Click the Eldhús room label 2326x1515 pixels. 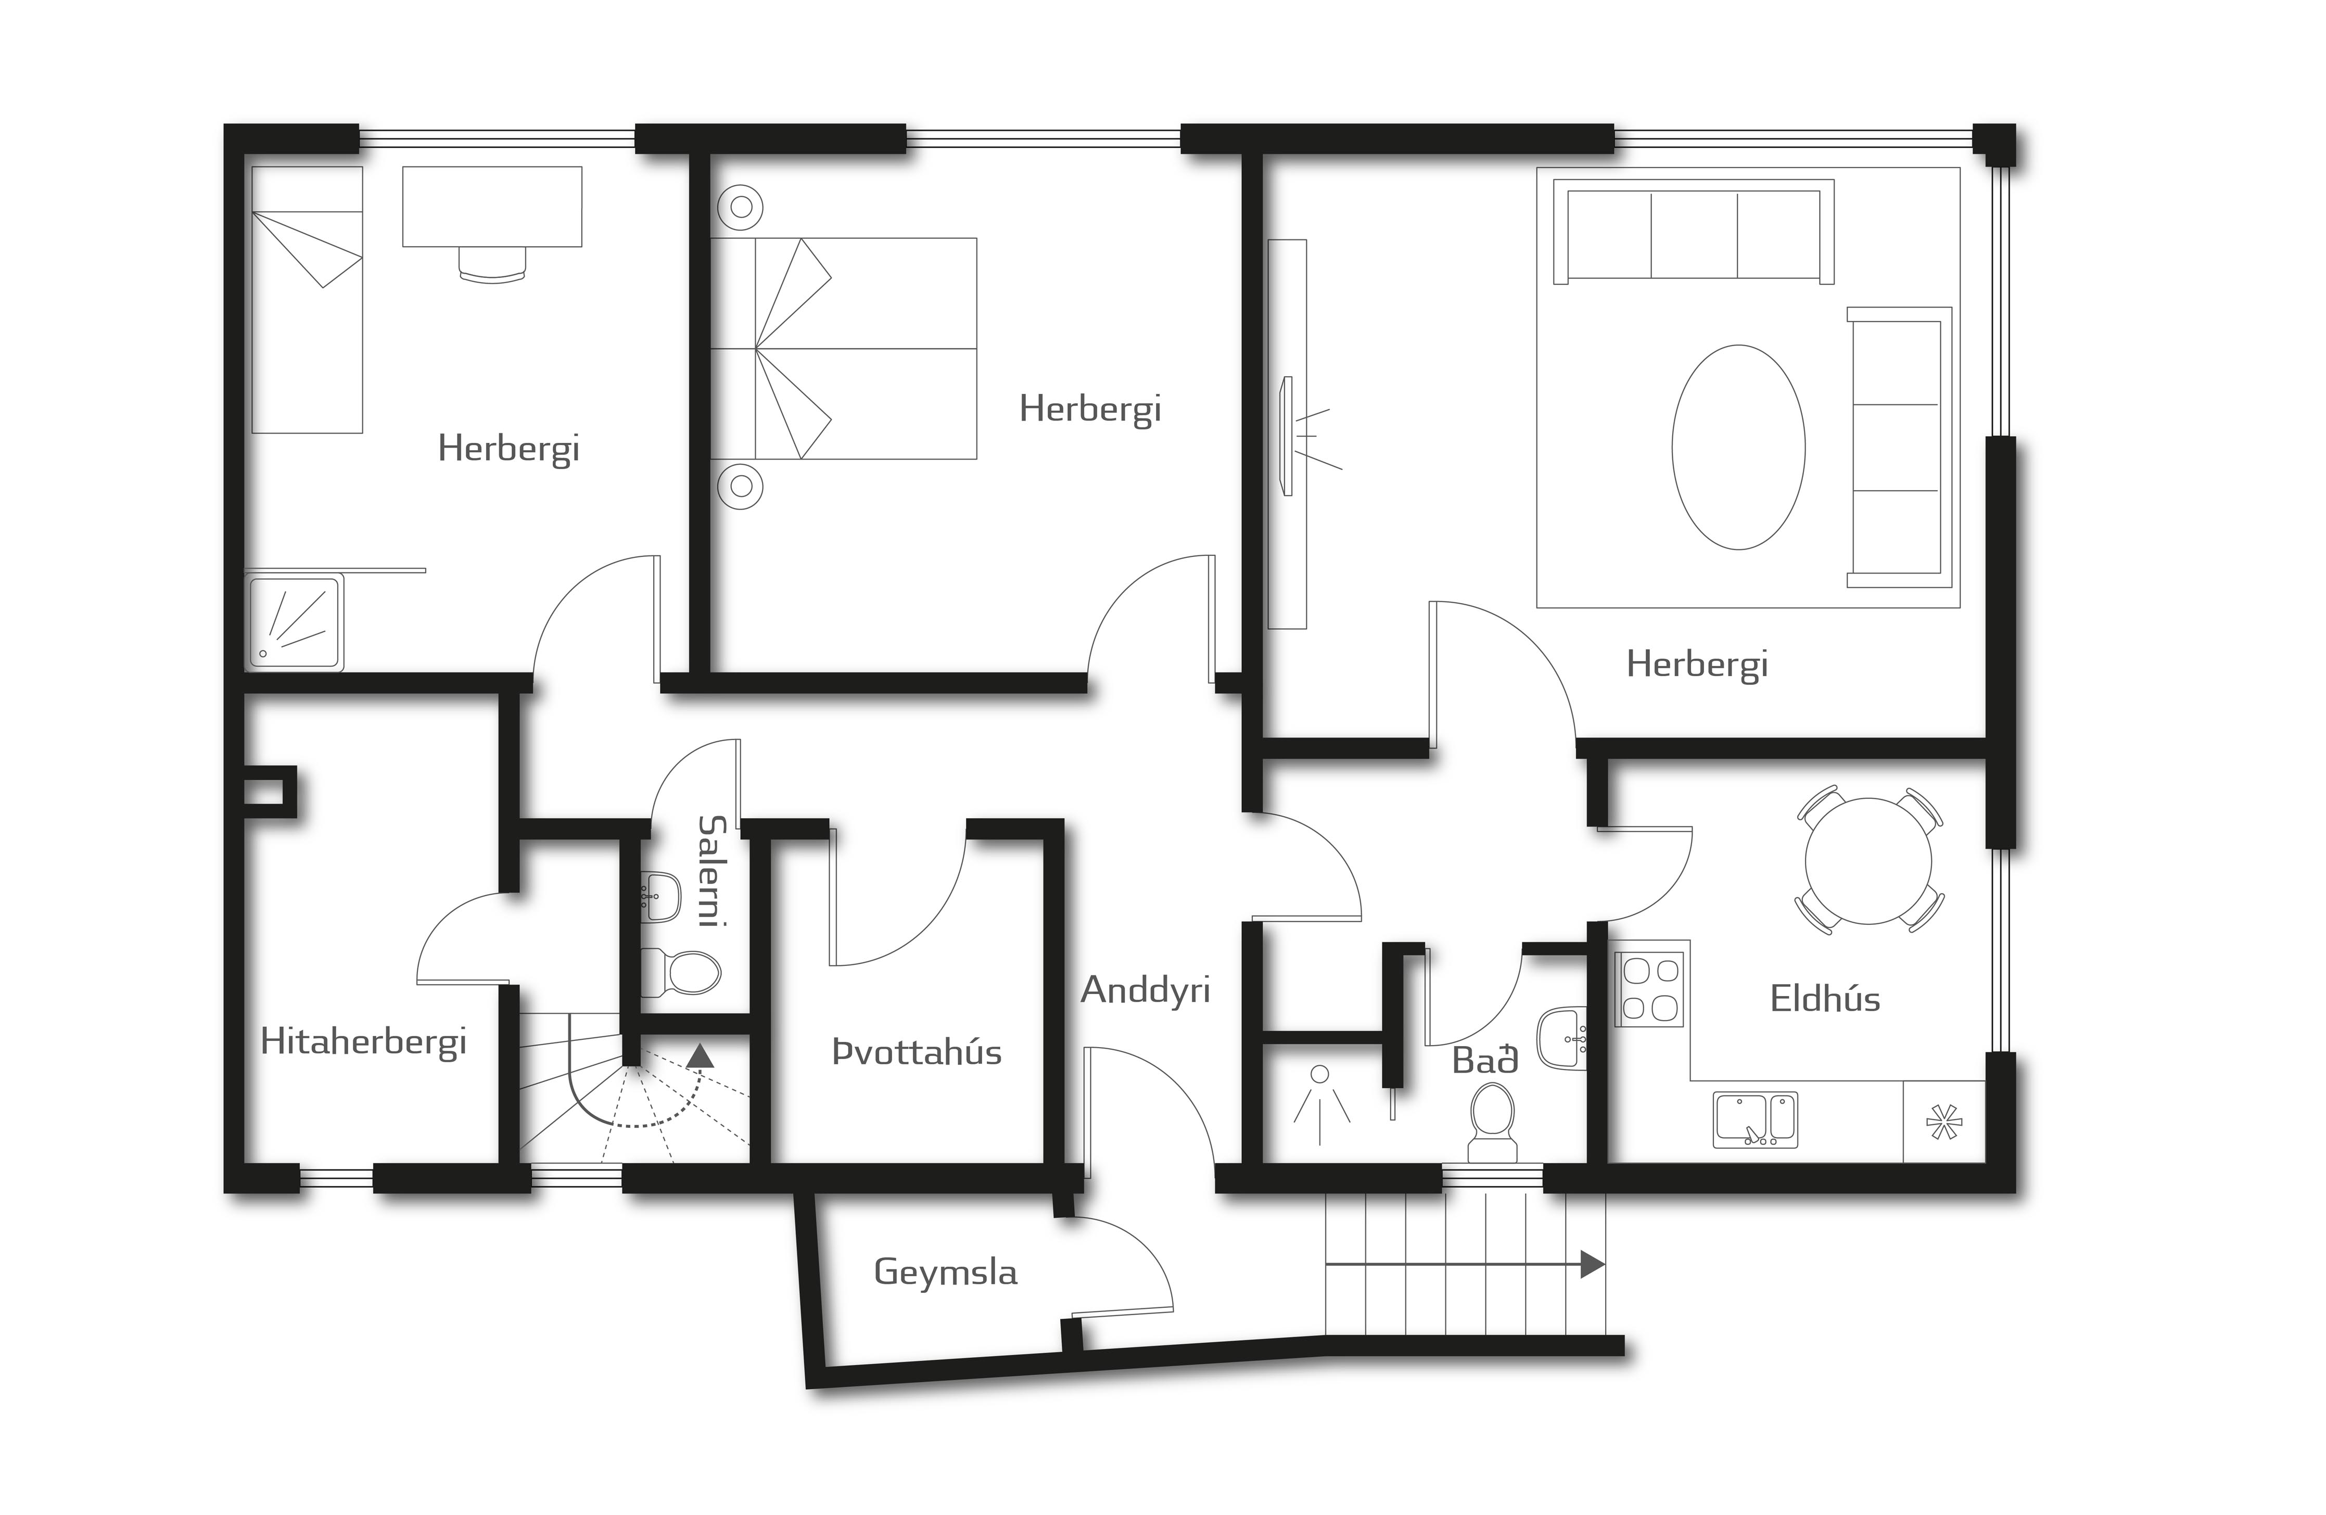(x=1825, y=999)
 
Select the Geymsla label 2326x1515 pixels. (x=945, y=1272)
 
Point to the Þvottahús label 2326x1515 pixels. (x=917, y=1053)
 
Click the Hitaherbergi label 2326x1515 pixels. (x=364, y=1042)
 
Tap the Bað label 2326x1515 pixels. (x=1484, y=1061)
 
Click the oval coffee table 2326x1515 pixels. (x=1738, y=447)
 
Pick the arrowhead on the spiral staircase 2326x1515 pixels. (x=700, y=1054)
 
